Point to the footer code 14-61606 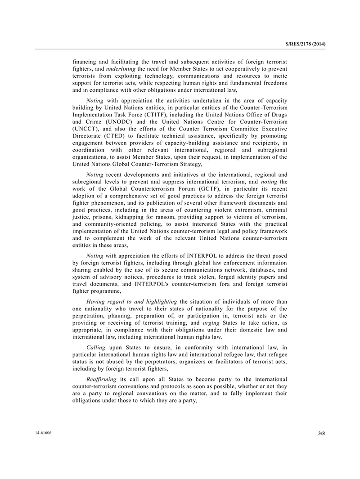(x=43, y=433)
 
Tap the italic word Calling (x=97, y=347)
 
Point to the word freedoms (x=274, y=83)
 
